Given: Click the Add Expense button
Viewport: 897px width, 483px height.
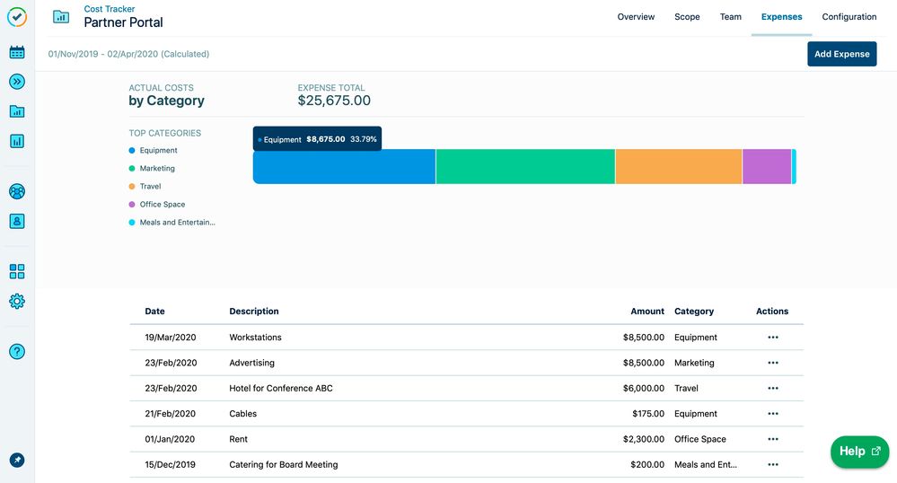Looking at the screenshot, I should (x=841, y=54).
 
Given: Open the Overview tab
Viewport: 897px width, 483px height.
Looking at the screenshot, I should (x=636, y=17).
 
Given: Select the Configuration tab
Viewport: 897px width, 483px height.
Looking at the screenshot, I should (x=849, y=17).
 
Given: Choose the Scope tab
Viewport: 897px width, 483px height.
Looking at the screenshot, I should (x=687, y=17).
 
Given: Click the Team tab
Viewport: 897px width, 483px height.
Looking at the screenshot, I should (x=731, y=17).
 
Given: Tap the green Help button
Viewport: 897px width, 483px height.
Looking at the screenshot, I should (x=859, y=452).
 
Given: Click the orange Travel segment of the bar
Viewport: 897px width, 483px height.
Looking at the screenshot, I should (x=679, y=167).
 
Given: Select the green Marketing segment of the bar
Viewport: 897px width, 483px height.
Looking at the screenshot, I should (x=525, y=167).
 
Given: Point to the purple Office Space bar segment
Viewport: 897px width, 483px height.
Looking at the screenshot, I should (x=767, y=167).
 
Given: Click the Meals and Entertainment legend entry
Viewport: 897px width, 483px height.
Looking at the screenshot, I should (x=177, y=223).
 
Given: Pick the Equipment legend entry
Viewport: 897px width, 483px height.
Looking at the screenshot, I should (x=158, y=151).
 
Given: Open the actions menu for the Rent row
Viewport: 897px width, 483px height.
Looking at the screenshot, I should (x=773, y=439).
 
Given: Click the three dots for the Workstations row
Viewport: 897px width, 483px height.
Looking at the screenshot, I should (x=773, y=338).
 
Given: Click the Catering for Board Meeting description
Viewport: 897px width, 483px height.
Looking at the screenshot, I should (x=284, y=465).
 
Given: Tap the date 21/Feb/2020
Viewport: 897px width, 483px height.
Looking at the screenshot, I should (x=170, y=414).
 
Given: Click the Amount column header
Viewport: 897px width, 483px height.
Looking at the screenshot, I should (x=647, y=312).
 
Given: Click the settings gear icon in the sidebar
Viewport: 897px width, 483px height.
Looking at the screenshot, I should (x=17, y=302).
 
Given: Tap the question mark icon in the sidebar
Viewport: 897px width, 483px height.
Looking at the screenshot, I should (x=17, y=351).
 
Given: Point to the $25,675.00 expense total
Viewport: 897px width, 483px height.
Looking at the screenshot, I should (x=334, y=101).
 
